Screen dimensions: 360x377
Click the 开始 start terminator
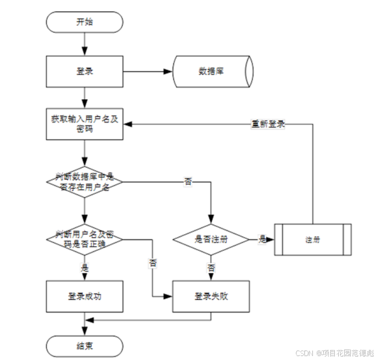[84, 22]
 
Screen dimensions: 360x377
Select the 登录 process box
[84, 71]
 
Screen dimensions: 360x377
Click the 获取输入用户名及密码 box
[84, 124]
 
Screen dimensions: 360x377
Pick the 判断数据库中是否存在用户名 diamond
[84, 182]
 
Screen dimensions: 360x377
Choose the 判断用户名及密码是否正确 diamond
[84, 239]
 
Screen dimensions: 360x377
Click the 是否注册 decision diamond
[211, 239]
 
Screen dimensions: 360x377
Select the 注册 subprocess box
[313, 240]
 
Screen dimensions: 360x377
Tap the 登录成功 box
[84, 296]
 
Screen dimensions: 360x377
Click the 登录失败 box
[211, 296]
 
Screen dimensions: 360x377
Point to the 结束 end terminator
[84, 346]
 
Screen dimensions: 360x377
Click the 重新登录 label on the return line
[268, 124]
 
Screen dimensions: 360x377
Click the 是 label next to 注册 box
[262, 239]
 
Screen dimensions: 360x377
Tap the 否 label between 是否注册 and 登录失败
[211, 268]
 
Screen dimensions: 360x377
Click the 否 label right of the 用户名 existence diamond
[188, 182]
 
